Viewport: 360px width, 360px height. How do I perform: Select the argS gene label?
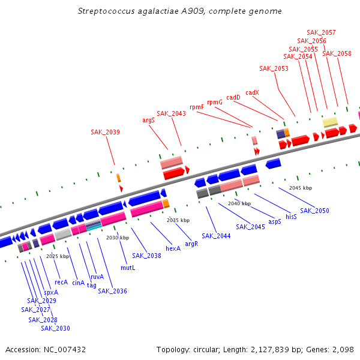[149, 120]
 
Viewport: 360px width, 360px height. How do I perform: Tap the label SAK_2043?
[172, 113]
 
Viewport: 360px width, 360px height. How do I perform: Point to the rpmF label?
[197, 107]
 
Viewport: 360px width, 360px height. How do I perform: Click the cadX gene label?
[252, 92]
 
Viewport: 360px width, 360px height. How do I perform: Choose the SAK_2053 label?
[274, 68]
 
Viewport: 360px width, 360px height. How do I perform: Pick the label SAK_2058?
[337, 53]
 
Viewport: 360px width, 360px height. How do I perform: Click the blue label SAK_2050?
[314, 211]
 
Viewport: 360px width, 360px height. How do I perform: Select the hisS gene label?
[291, 217]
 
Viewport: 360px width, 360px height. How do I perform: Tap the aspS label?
[275, 221]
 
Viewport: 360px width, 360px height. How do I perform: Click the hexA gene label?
[173, 248]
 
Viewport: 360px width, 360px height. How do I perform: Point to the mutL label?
[128, 268]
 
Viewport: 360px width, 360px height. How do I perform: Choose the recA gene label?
[61, 282]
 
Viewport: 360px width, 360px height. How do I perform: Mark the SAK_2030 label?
[55, 328]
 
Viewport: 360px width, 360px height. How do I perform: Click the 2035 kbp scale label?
[178, 220]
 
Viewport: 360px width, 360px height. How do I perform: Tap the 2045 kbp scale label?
[301, 188]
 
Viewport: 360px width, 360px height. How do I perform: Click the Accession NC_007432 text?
[46, 349]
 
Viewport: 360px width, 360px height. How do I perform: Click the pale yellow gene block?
[330, 122]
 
